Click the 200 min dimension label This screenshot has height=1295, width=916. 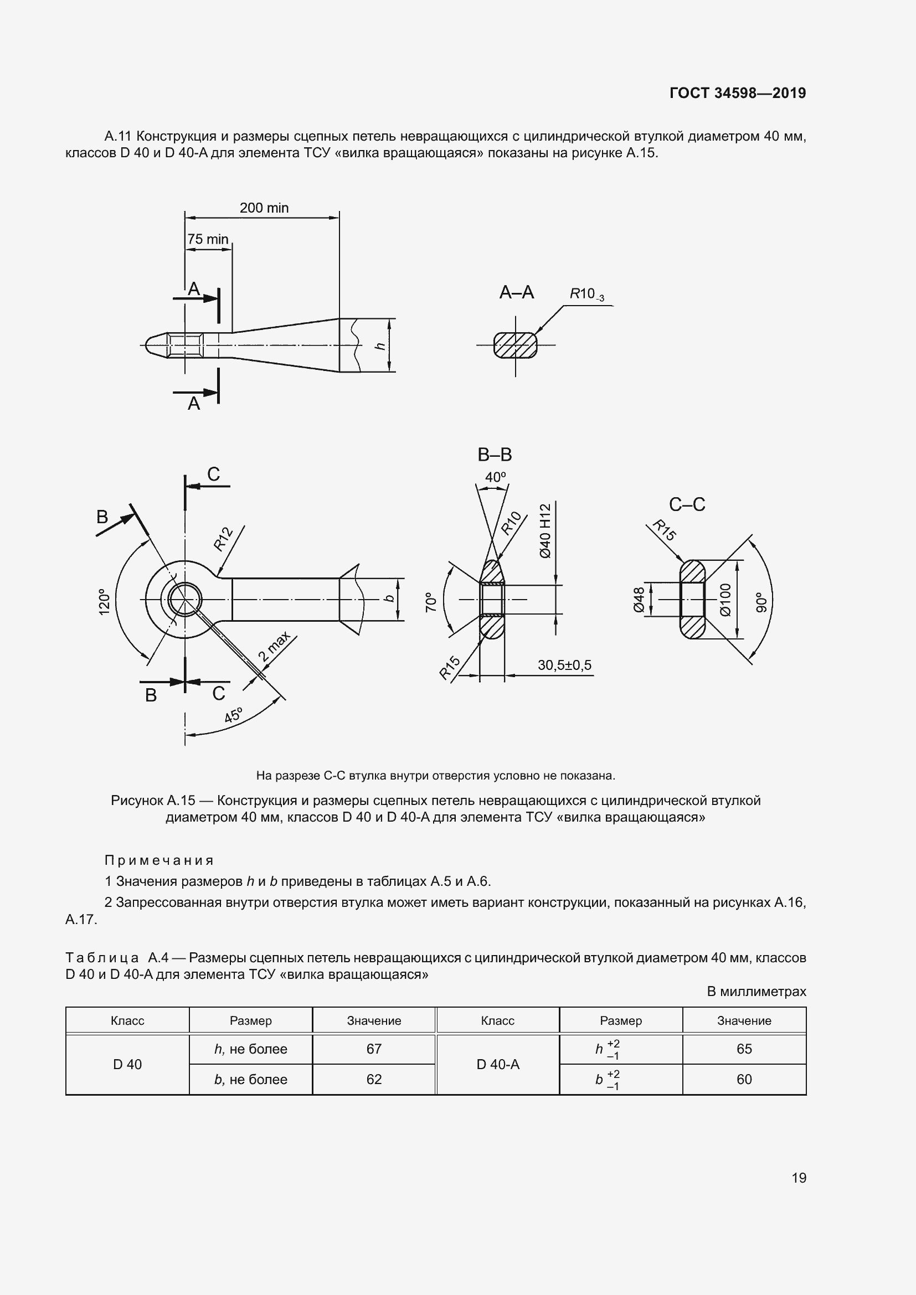point(264,208)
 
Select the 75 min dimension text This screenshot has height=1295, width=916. point(208,239)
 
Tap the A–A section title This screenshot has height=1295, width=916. point(516,292)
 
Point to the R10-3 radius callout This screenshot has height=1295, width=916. point(586,295)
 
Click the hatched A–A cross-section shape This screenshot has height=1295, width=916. point(515,344)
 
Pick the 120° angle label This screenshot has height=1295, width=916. point(104,602)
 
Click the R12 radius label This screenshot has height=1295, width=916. point(223,539)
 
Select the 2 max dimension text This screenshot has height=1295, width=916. point(274,647)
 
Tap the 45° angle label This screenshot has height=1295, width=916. point(233,715)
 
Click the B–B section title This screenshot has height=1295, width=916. point(495,454)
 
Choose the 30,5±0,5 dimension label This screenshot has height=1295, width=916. point(564,665)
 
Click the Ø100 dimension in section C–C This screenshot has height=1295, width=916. point(725,600)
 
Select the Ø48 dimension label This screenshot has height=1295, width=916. point(639,600)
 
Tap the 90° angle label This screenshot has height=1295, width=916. point(762,602)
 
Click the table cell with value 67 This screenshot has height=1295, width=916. point(374,1049)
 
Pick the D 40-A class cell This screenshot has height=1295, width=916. point(497,1064)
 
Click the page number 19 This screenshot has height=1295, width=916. point(799,1178)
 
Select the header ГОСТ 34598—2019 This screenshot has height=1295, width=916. point(738,93)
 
